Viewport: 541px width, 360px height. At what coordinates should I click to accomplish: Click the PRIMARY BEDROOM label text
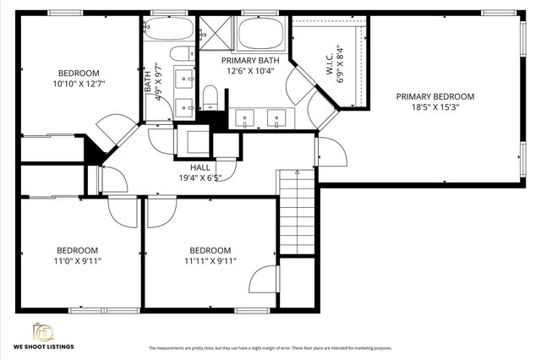tap(435, 96)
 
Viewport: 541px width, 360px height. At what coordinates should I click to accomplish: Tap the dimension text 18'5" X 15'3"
tap(435, 108)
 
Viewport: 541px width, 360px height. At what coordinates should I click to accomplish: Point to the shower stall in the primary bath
tap(217, 31)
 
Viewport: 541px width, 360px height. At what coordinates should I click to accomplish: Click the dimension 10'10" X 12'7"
tap(78, 84)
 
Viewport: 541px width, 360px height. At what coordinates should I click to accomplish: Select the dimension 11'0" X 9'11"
tap(78, 261)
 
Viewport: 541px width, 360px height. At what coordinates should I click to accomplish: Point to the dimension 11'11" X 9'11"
tap(210, 261)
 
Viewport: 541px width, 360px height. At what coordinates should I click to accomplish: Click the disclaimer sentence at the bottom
tap(270, 348)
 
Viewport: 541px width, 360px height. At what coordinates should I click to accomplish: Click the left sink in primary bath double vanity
tap(245, 117)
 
